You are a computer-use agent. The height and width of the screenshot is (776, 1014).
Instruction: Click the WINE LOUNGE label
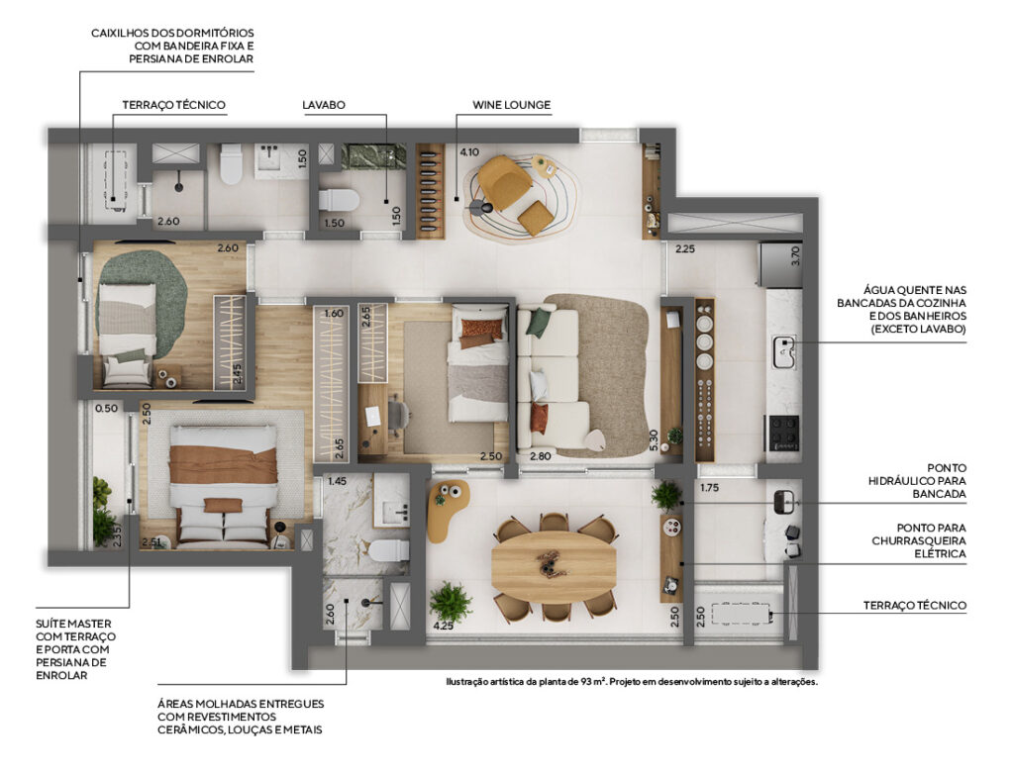pos(511,105)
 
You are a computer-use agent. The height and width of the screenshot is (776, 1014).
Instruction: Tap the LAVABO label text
pos(324,105)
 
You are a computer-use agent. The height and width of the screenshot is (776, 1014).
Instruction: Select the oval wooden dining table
pos(554,565)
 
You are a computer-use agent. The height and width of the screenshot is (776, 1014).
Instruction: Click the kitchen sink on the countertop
pos(785,353)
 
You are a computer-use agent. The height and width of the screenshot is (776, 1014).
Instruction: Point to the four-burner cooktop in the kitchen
pos(783,433)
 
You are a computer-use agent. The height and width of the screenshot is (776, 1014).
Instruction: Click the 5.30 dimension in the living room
pos(654,440)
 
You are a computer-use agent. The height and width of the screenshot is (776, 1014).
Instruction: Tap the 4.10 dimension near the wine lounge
pos(468,152)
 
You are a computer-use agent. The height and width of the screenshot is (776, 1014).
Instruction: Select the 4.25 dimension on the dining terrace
pos(443,626)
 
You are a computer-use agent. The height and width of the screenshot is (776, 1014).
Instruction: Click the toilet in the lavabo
pos(340,200)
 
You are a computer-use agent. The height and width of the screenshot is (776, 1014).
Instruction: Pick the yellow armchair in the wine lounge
pos(504,182)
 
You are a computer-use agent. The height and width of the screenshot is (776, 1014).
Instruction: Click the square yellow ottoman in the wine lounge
pos(536,218)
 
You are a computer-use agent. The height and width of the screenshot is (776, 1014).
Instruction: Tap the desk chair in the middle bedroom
pos(397,415)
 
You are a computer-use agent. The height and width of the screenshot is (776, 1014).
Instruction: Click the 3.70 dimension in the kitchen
pos(795,254)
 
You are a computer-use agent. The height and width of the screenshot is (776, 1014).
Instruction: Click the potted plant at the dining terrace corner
pos(451,602)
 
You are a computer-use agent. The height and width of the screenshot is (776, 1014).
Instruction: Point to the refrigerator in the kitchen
pos(780,264)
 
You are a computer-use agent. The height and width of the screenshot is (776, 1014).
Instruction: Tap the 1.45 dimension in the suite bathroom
pos(337,481)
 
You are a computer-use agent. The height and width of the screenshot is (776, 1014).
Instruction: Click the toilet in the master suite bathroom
pos(389,550)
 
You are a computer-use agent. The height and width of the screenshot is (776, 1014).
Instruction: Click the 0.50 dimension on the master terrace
pos(106,408)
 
